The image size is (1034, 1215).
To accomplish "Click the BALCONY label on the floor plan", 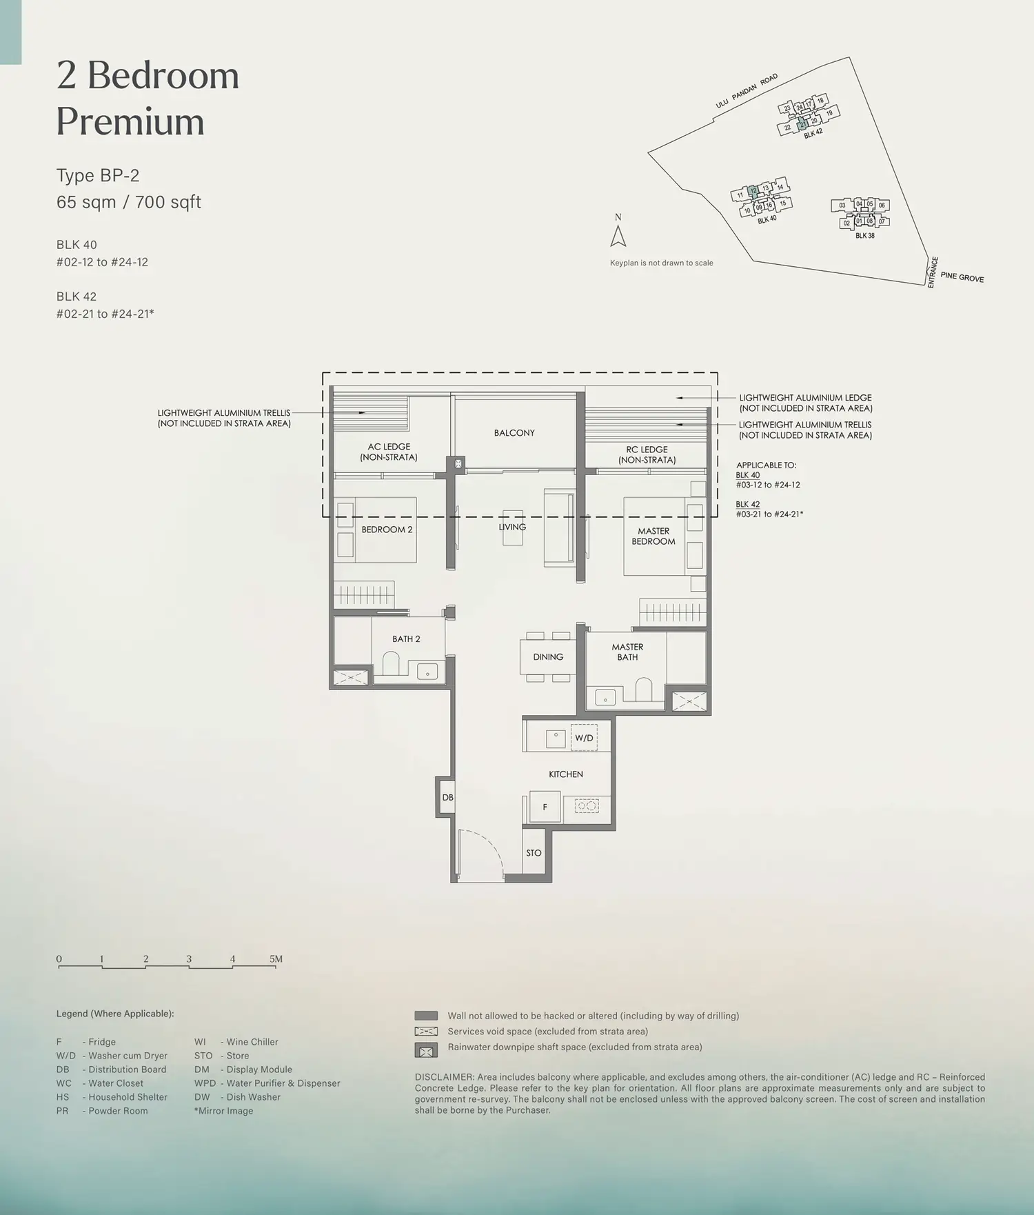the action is pyautogui.click(x=514, y=433).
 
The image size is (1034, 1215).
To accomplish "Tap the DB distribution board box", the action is pyautogui.click(x=447, y=797).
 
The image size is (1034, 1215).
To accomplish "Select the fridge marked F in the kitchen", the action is pyautogui.click(x=545, y=807).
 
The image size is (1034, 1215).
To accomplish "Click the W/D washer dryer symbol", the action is pyautogui.click(x=584, y=738).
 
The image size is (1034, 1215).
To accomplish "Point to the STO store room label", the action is pyautogui.click(x=534, y=853).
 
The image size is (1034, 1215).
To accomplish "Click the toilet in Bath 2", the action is pyautogui.click(x=391, y=663).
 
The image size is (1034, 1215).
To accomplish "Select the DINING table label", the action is pyautogui.click(x=548, y=657).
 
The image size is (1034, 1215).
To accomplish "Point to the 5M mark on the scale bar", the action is pyautogui.click(x=276, y=959).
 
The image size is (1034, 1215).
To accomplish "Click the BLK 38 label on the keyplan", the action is pyautogui.click(x=865, y=236).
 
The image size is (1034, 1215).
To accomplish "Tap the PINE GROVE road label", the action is pyautogui.click(x=962, y=277).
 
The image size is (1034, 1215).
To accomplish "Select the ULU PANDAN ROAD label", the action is pyautogui.click(x=747, y=91).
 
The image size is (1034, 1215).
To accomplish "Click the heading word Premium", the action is pyautogui.click(x=130, y=121).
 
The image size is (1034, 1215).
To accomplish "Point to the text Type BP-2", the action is pyautogui.click(x=98, y=176).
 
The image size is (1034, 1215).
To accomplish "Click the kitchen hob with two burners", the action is pyautogui.click(x=587, y=805).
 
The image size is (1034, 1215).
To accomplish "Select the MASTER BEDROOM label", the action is pyautogui.click(x=653, y=536).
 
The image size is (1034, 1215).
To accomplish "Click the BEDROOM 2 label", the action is pyautogui.click(x=387, y=530).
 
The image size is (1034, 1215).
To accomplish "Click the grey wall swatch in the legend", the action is pyautogui.click(x=426, y=1016).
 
